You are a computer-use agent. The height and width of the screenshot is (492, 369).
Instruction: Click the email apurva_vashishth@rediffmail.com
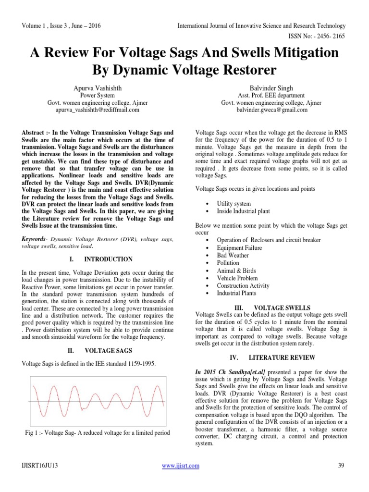tap(97, 110)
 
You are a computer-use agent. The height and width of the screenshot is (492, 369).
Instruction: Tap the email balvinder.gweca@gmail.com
tap(271, 110)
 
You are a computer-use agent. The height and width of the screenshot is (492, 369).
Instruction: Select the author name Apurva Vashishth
tap(97, 88)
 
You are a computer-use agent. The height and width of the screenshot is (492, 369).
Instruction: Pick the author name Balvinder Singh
tap(271, 88)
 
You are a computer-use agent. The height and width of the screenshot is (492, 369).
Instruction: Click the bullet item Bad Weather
tap(233, 256)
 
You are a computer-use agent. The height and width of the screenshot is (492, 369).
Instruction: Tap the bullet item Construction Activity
tap(243, 285)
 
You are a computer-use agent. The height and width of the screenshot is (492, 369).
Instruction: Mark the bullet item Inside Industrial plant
tap(243, 211)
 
